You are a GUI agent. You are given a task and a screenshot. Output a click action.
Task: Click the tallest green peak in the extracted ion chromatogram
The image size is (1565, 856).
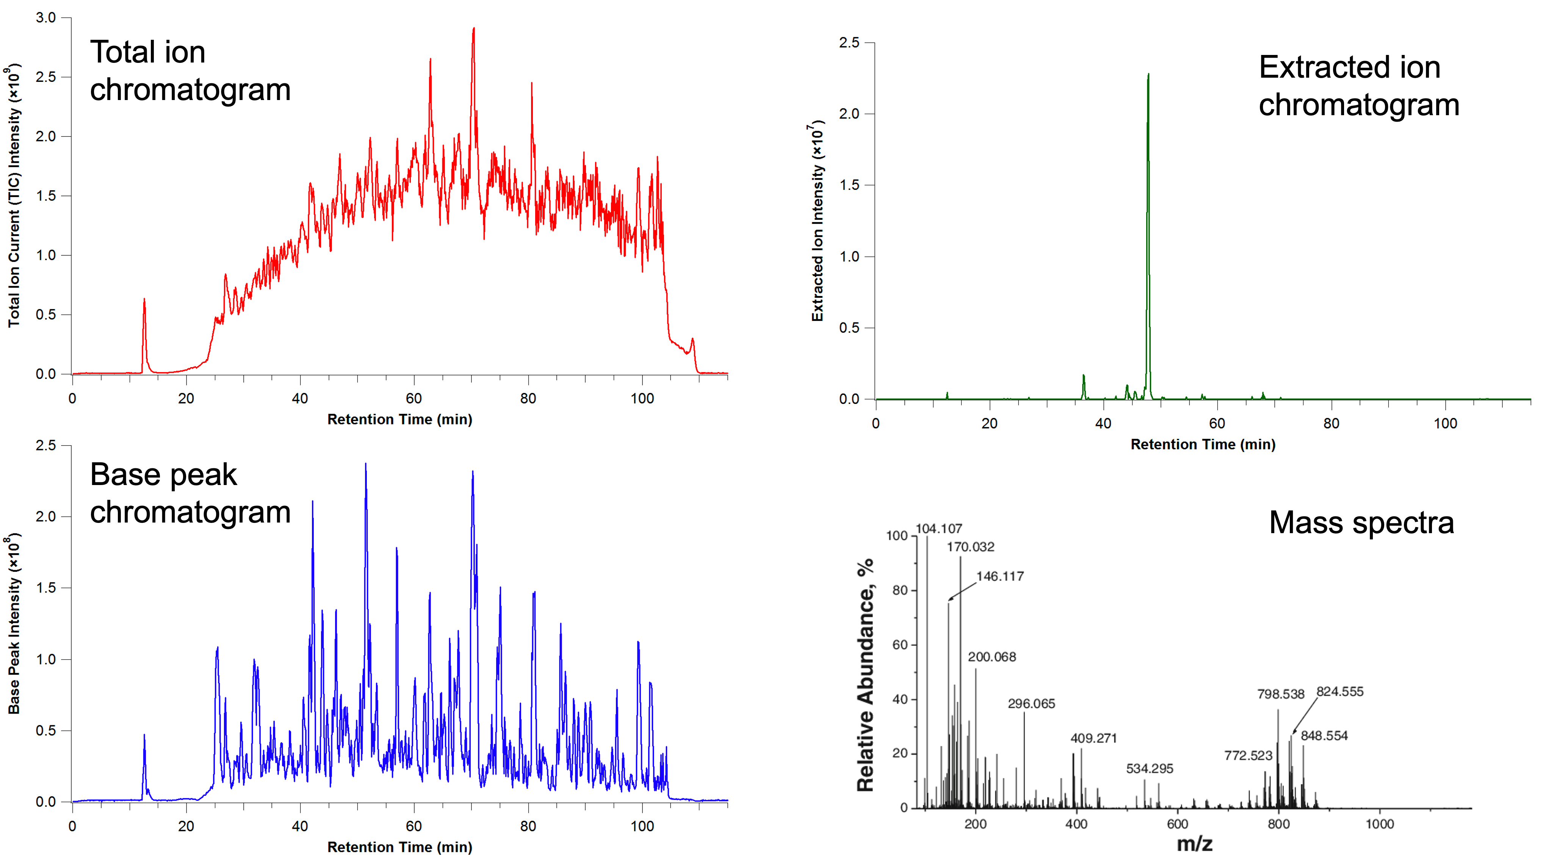(1148, 76)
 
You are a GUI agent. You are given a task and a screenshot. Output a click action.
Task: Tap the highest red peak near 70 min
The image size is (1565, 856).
(473, 29)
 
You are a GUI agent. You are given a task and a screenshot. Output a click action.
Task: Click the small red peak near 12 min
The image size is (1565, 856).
(144, 300)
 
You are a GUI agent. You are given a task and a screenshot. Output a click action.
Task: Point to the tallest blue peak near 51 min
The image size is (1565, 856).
(365, 465)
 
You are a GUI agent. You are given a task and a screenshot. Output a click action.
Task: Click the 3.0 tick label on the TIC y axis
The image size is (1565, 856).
(45, 17)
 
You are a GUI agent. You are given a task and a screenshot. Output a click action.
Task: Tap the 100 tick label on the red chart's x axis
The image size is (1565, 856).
(642, 399)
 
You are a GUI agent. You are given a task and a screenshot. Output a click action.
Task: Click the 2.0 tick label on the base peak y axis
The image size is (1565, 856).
(45, 516)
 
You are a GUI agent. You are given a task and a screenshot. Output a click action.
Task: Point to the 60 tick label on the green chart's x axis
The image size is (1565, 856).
(1217, 423)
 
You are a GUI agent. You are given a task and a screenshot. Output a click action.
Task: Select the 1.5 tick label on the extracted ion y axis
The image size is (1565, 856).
(849, 185)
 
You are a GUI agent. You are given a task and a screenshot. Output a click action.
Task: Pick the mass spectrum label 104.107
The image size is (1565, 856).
(938, 529)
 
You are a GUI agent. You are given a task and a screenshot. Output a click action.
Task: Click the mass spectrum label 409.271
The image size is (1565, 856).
(1093, 738)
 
